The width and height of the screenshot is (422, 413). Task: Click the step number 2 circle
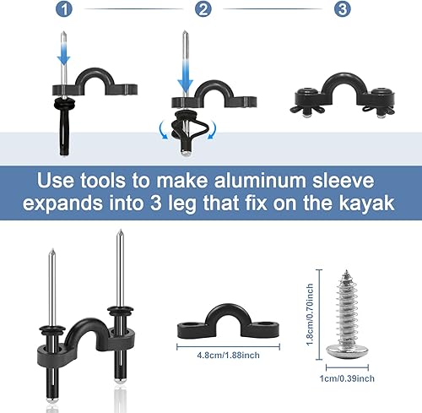[x=202, y=9]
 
